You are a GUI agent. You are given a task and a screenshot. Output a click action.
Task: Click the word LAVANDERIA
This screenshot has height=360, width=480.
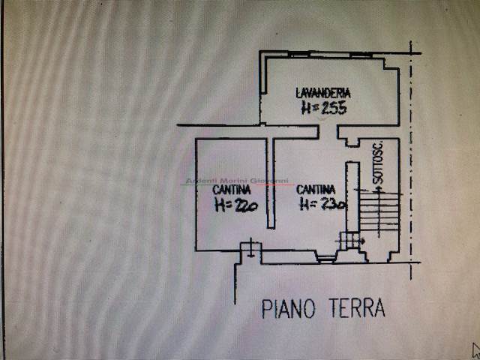point(323,93)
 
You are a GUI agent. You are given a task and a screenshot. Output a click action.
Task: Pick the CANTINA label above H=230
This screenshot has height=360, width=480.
point(315,190)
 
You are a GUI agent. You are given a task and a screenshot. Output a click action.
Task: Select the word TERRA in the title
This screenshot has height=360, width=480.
point(355,307)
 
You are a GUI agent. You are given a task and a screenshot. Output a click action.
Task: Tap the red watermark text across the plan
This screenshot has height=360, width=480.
point(237,181)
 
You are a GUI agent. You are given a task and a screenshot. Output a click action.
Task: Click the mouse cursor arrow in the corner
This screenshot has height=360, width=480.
point(475,349)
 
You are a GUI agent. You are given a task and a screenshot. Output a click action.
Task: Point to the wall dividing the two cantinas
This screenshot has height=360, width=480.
point(270,184)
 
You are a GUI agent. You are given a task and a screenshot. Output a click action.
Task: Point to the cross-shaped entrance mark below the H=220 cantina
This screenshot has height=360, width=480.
point(249,250)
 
